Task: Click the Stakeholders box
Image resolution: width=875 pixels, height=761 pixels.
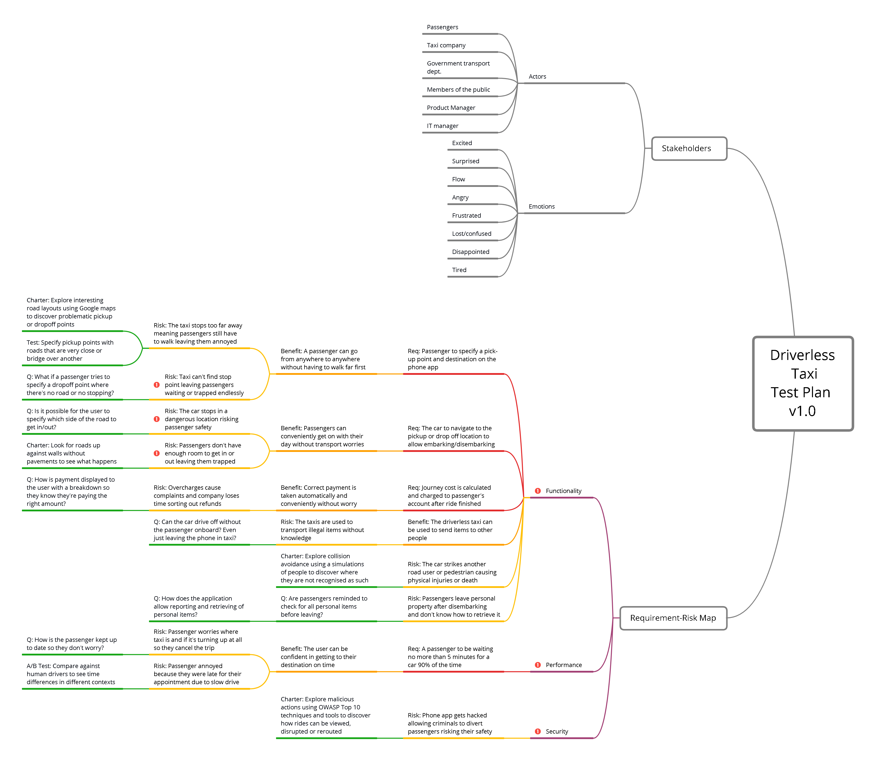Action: [x=689, y=149]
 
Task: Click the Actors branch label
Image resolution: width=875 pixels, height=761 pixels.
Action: [x=537, y=76]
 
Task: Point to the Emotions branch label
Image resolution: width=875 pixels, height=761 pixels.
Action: [x=541, y=206]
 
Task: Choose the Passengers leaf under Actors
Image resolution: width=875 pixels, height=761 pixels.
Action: [x=442, y=27]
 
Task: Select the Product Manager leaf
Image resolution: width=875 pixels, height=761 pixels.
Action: [x=451, y=108]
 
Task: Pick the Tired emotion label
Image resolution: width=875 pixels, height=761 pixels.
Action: [x=459, y=270]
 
